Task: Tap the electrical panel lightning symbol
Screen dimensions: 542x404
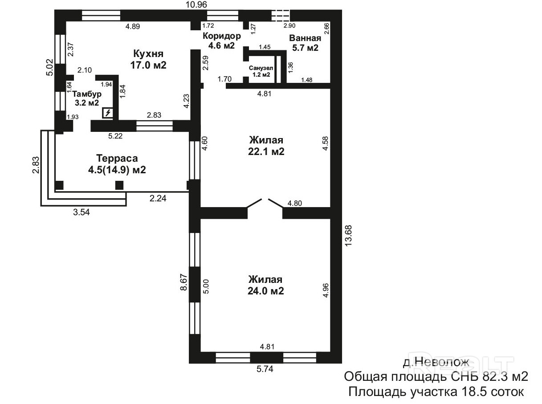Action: pyautogui.click(x=108, y=113)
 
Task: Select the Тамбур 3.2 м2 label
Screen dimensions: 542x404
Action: pyautogui.click(x=87, y=98)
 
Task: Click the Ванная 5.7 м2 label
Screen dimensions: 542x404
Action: pyautogui.click(x=305, y=43)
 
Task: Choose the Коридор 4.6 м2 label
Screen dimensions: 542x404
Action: pyautogui.click(x=222, y=41)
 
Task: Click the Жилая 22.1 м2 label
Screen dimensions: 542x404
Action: pyautogui.click(x=266, y=146)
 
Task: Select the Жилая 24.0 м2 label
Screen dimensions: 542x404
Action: pyautogui.click(x=266, y=285)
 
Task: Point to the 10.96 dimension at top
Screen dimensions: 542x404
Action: pyautogui.click(x=196, y=4)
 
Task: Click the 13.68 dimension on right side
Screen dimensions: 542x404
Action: pyautogui.click(x=348, y=236)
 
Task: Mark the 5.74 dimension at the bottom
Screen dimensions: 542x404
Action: pyautogui.click(x=265, y=369)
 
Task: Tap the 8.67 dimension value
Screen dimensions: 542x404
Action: pyautogui.click(x=184, y=282)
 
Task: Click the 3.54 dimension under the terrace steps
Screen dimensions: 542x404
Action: pyautogui.click(x=81, y=212)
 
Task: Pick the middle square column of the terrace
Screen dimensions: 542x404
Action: pyautogui.click(x=119, y=185)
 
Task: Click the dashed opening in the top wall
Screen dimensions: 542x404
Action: pyautogui.click(x=281, y=16)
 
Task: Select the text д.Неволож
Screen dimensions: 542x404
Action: pyautogui.click(x=436, y=362)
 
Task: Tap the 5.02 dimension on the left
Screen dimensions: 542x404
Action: pyautogui.click(x=49, y=67)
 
